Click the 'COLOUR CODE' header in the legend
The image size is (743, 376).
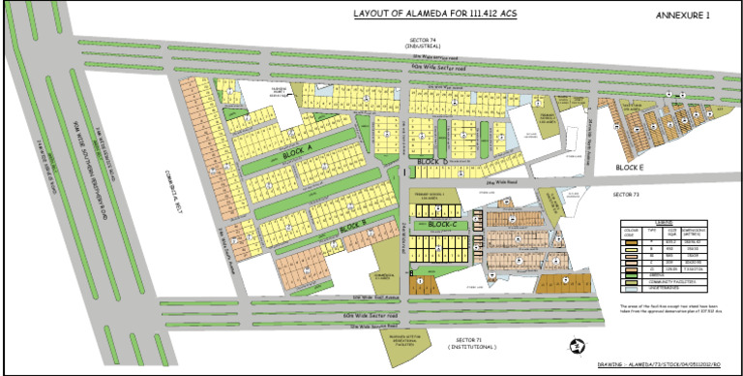(630, 233)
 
